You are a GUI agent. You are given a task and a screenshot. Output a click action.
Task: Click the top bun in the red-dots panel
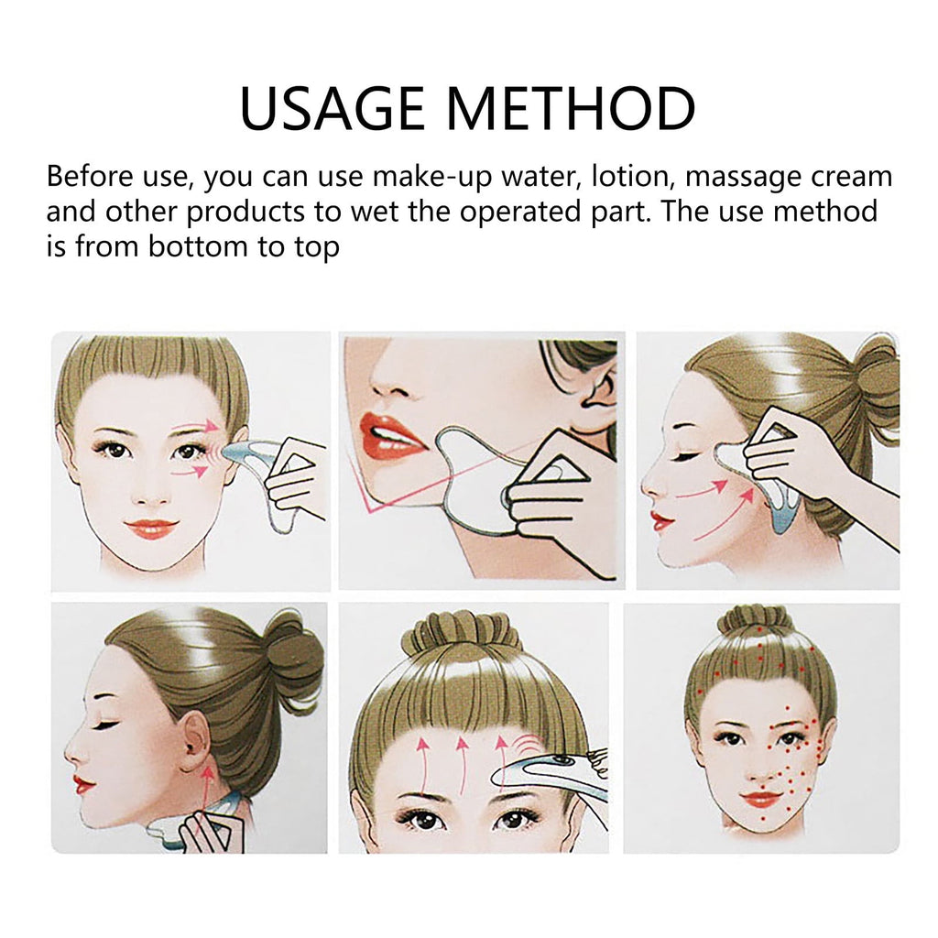(x=754, y=621)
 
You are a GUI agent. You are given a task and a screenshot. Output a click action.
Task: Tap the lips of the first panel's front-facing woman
(x=150, y=529)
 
